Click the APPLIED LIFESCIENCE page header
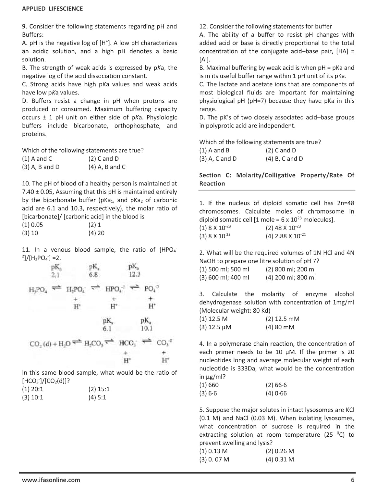[52, 9]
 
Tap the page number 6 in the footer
[353, 480]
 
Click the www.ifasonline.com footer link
[51, 480]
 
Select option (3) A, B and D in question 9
[41, 167]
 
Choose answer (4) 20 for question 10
[96, 233]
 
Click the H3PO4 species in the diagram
[38, 289]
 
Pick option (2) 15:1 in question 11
[99, 389]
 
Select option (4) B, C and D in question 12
[284, 158]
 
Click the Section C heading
[276, 179]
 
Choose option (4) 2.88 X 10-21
[285, 236]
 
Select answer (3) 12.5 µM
[215, 327]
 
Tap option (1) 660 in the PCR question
[209, 385]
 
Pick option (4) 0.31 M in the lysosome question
[280, 459]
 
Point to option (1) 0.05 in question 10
[32, 225]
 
